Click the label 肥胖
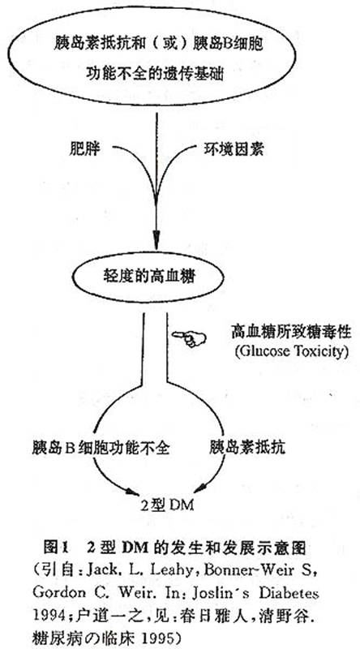pyautogui.click(x=85, y=149)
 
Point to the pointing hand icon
pyautogui.click(x=189, y=338)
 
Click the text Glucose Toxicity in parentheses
pyautogui.click(x=289, y=352)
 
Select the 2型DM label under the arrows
pyautogui.click(x=167, y=505)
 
